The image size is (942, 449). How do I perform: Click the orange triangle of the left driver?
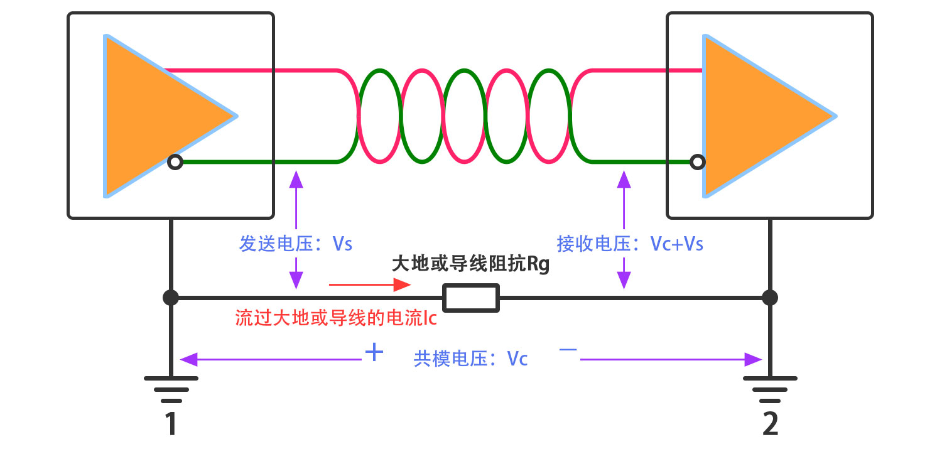click(151, 116)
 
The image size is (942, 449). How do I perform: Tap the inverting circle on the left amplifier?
click(175, 163)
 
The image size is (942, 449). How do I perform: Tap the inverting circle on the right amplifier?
click(696, 163)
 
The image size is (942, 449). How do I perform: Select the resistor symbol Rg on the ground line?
click(471, 298)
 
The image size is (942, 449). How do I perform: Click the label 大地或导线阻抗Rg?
click(470, 264)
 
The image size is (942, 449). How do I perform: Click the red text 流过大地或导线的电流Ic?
click(336, 318)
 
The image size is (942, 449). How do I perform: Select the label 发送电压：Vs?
click(296, 244)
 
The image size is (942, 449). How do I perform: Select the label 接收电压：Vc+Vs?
click(630, 244)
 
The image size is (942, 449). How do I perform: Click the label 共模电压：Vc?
click(470, 359)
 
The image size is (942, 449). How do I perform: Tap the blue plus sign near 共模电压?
click(374, 352)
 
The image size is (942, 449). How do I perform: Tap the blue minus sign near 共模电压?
click(568, 352)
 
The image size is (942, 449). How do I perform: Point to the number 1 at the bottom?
click(170, 426)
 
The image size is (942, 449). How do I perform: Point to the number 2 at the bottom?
click(770, 426)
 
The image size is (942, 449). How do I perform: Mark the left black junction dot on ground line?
click(170, 297)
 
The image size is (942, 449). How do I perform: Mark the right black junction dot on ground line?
click(770, 297)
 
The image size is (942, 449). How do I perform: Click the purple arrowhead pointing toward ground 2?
click(754, 360)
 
